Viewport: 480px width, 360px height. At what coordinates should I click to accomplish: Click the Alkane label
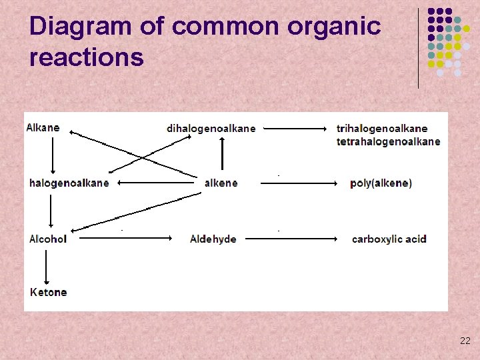click(x=43, y=128)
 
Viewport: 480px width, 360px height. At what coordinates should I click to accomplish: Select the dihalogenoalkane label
click(x=211, y=128)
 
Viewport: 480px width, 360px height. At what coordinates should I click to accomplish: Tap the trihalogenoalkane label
click(x=382, y=128)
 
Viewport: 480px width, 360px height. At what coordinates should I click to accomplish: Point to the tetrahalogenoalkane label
click(x=388, y=141)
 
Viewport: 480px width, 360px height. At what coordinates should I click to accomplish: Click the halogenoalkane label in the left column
click(x=69, y=183)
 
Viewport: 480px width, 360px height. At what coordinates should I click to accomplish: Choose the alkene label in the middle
click(x=221, y=183)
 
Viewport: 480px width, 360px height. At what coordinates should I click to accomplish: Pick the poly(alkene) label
click(x=381, y=183)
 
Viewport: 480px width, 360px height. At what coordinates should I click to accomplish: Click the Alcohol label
click(x=48, y=239)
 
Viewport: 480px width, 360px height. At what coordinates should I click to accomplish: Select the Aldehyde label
click(x=213, y=239)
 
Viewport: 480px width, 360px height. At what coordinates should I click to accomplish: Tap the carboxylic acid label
click(x=389, y=239)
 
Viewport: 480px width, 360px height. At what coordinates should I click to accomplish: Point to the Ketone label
click(x=49, y=292)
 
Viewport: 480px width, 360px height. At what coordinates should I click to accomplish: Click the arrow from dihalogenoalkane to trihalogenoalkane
click(x=298, y=128)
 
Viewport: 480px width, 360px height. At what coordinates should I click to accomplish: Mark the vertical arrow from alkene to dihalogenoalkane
click(x=223, y=155)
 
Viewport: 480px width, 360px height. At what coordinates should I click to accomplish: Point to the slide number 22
click(x=465, y=341)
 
